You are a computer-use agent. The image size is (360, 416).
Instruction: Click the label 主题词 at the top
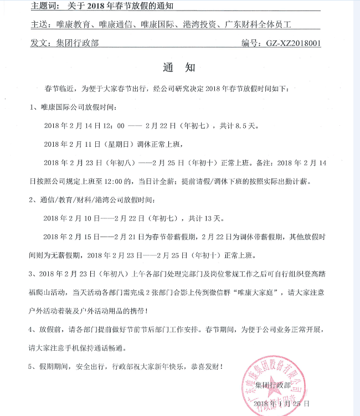(44, 7)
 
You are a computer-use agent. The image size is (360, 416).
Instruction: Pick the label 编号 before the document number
(250, 42)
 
